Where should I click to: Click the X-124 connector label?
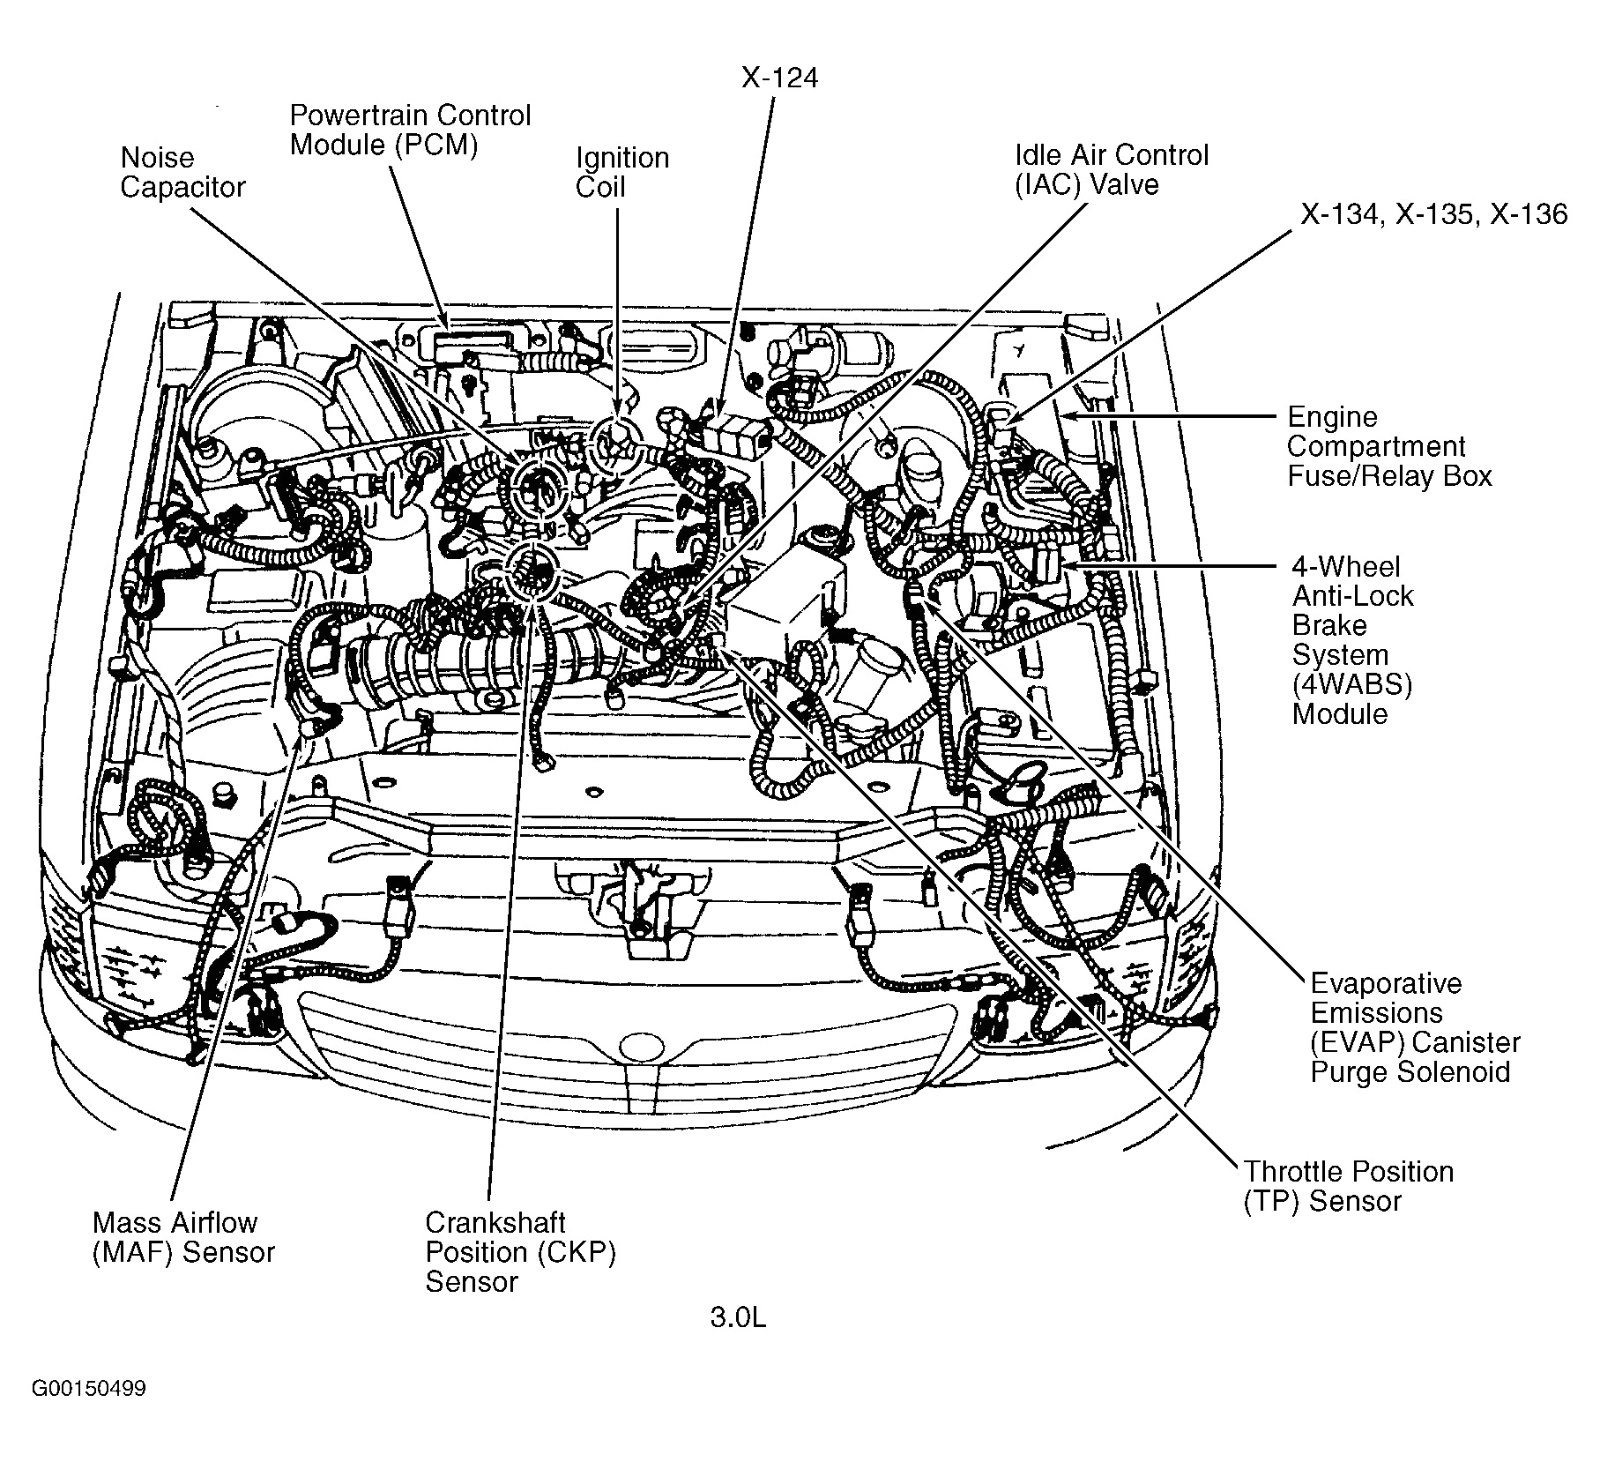pyautogui.click(x=779, y=78)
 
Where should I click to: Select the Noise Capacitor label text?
pyautogui.click(x=182, y=172)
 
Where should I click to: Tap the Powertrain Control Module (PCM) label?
pyautogui.click(x=410, y=130)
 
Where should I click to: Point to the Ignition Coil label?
pyautogui.click(x=621, y=172)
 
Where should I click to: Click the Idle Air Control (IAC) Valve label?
pyautogui.click(x=1111, y=169)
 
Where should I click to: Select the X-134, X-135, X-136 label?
pyautogui.click(x=1433, y=214)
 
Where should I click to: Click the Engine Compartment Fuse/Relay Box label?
pyautogui.click(x=1388, y=446)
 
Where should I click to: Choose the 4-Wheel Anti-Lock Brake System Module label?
pyautogui.click(x=1352, y=639)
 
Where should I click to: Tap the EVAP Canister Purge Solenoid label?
pyautogui.click(x=1414, y=1027)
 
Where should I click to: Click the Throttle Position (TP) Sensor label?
pyautogui.click(x=1348, y=1186)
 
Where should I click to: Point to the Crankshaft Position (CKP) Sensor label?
pyautogui.click(x=520, y=1251)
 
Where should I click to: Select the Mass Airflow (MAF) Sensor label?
pyautogui.click(x=183, y=1237)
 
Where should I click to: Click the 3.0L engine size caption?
pyautogui.click(x=738, y=1343)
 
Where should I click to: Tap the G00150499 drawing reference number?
pyautogui.click(x=89, y=1414)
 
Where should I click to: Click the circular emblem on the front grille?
pyautogui.click(x=641, y=1046)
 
